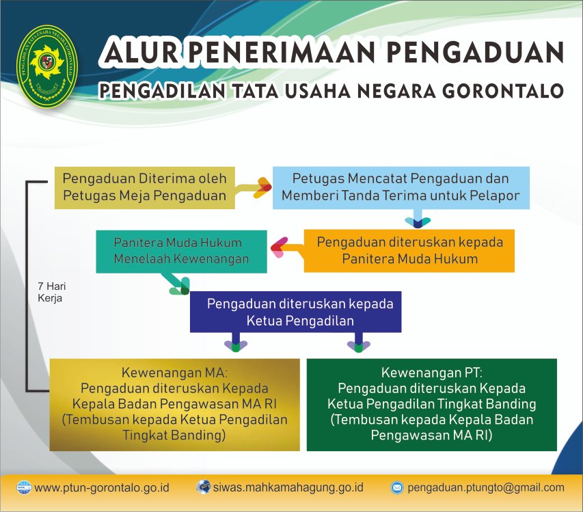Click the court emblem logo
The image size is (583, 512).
(47, 67)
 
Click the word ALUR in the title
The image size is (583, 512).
(141, 52)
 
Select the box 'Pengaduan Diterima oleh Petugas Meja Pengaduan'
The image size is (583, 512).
(145, 187)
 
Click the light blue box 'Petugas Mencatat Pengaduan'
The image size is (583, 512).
(401, 187)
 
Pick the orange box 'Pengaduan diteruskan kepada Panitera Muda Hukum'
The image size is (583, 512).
(409, 251)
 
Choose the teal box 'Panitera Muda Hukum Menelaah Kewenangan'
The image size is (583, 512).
(181, 252)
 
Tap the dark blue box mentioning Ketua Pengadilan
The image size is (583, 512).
(295, 312)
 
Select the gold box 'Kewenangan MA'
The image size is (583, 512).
(175, 405)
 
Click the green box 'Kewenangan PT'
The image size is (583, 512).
(432, 405)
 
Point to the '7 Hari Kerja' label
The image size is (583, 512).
(52, 293)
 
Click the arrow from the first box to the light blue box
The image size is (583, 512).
(254, 188)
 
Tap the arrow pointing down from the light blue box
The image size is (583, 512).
(418, 218)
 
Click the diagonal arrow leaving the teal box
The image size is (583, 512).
(176, 284)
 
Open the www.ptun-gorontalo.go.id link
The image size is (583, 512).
(102, 487)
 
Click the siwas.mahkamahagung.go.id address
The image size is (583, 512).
(288, 487)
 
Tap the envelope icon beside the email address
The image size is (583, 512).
(396, 487)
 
